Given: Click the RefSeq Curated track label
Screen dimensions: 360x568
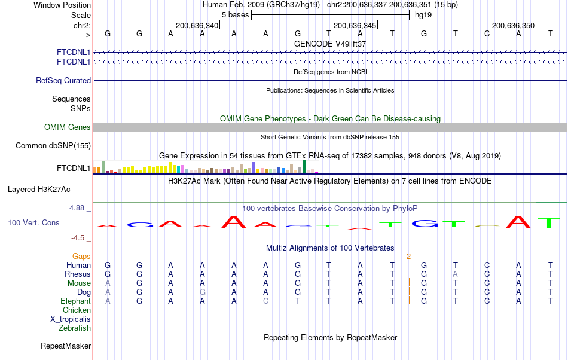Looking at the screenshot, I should (x=63, y=80).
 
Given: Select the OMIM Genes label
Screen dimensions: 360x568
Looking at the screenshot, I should (x=68, y=127).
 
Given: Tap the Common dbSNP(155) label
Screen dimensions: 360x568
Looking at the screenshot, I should (x=53, y=145).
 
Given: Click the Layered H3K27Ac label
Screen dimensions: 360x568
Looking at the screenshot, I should (x=39, y=190).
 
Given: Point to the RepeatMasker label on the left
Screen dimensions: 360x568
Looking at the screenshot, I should (x=66, y=346).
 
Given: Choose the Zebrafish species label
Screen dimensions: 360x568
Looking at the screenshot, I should (x=75, y=328).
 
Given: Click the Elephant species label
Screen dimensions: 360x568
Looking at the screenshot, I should (x=75, y=301).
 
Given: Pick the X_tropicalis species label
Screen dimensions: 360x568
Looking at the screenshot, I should (x=71, y=319).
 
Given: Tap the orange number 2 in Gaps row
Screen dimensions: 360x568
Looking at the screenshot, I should (x=408, y=256).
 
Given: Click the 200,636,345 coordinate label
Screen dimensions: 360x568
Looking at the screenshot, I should (x=355, y=25).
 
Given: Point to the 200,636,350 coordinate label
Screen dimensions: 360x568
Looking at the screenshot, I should (x=514, y=25).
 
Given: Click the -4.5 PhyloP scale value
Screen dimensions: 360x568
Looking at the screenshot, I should (x=79, y=237).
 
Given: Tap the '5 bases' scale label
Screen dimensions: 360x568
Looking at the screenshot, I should (x=235, y=14).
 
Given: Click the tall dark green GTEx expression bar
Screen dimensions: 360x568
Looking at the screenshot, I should (x=304, y=167).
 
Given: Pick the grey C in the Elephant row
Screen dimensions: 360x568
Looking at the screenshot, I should (x=265, y=301).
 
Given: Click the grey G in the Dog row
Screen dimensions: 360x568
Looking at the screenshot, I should (x=203, y=292).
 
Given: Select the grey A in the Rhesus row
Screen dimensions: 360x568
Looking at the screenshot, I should (x=456, y=274).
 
